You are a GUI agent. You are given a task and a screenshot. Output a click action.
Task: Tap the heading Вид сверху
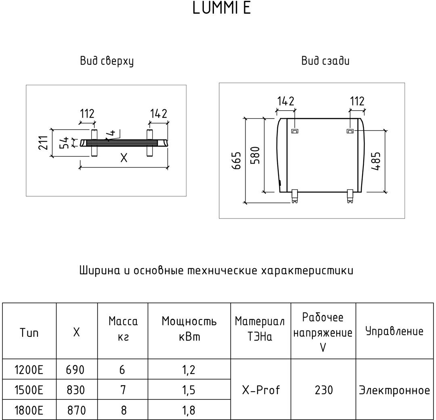(107, 61)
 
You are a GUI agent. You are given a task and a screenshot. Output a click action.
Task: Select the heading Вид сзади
(325, 61)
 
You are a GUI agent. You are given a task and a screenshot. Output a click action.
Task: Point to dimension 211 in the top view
(44, 143)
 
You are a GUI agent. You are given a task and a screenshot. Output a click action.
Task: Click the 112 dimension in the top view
(87, 114)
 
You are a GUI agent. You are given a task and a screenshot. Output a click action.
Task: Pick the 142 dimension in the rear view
(286, 101)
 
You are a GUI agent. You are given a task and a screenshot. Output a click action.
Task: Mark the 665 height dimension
(237, 160)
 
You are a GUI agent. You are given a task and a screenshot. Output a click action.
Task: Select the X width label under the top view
(124, 158)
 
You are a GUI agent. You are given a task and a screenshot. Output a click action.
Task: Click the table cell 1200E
(29, 369)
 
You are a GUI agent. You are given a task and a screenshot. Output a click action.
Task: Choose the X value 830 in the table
(76, 390)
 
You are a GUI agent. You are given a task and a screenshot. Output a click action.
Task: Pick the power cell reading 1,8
(189, 410)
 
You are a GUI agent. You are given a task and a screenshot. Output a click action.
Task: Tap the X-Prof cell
(261, 390)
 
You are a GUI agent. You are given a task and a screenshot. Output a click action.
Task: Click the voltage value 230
(323, 390)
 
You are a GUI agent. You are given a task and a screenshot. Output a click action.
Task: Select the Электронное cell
(394, 391)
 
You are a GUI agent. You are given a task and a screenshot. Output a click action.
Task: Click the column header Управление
(394, 332)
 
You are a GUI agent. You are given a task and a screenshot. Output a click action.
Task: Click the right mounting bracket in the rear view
(350, 131)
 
